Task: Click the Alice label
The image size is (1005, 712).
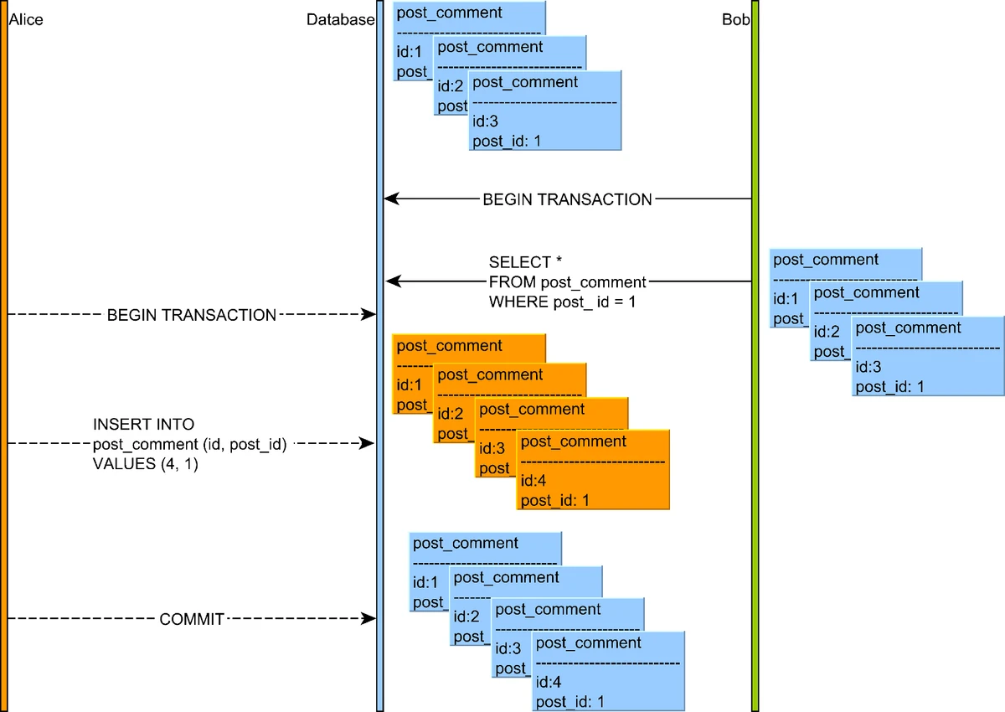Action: point(25,19)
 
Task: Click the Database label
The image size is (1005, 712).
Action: point(340,19)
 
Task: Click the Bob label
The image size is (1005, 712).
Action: point(735,19)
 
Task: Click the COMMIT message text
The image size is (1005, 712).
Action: point(192,619)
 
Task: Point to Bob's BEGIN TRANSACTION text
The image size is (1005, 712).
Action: point(567,199)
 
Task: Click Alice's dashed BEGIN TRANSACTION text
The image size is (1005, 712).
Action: point(192,315)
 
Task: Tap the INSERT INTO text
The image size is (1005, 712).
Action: point(143,425)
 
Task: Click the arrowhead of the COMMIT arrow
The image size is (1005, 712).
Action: point(368,619)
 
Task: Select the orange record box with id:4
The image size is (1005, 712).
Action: point(593,470)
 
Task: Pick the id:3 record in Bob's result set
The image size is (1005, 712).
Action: point(927,356)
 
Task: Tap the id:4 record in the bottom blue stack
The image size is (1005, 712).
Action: point(609,671)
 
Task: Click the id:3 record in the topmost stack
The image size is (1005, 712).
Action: point(544,111)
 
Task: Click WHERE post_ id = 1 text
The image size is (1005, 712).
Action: point(562,301)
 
